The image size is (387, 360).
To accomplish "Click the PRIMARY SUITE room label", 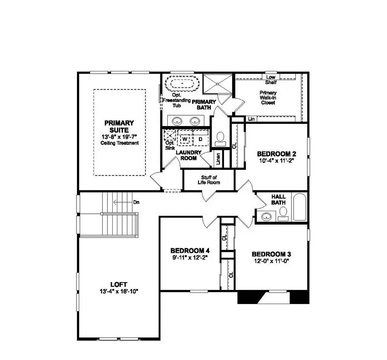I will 119,126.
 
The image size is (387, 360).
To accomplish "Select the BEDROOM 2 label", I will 276,154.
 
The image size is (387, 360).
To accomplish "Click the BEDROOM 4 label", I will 190,251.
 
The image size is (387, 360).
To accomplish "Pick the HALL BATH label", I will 278,200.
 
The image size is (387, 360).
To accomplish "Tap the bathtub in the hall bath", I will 300,207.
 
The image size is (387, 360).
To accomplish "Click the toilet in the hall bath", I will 283,212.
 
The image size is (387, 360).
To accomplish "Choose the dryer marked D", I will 200,139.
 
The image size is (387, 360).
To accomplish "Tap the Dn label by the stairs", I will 136,202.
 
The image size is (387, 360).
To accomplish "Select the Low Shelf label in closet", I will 271,80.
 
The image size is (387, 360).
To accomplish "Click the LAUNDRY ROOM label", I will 189,155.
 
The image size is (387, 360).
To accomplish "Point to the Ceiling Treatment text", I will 120,143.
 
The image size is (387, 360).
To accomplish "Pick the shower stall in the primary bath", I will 217,83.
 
